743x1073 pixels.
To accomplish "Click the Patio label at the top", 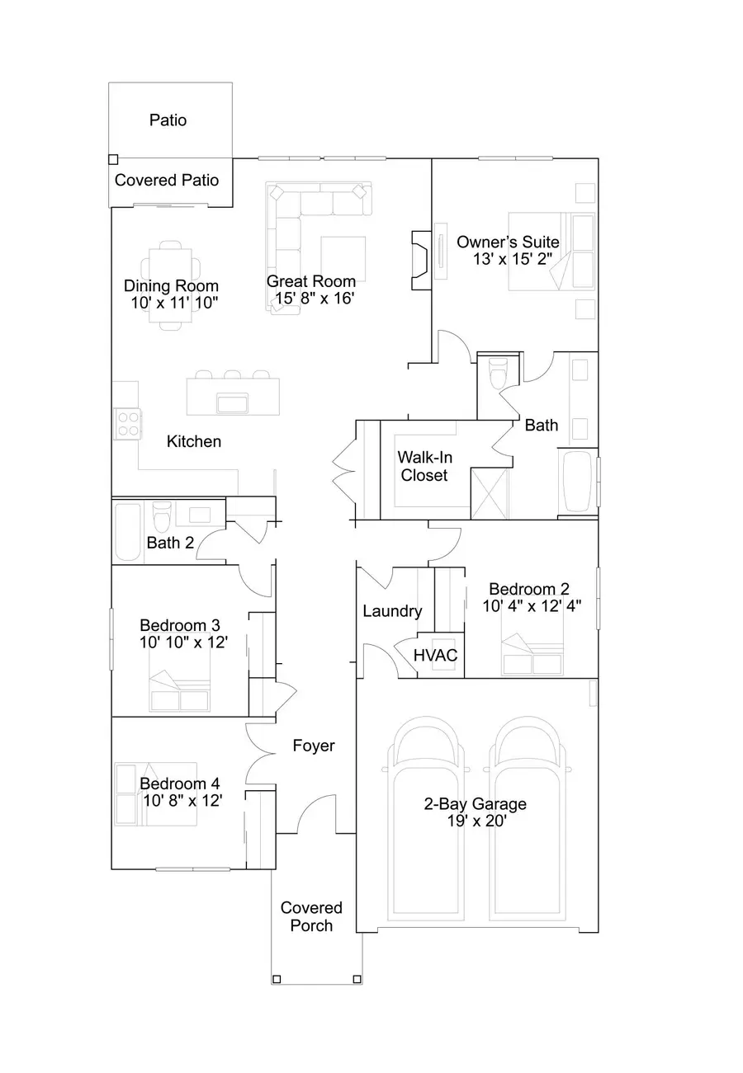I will [x=168, y=120].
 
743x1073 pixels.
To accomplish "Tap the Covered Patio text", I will [x=167, y=180].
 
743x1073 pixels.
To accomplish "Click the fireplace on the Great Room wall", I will [x=419, y=261].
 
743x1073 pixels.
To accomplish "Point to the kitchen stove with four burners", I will [x=127, y=423].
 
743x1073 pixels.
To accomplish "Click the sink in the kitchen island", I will [x=233, y=402].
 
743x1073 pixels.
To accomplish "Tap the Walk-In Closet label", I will [x=424, y=466].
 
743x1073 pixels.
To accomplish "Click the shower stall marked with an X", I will [x=490, y=493].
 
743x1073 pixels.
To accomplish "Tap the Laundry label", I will [x=392, y=611].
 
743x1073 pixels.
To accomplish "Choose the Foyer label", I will [x=314, y=746].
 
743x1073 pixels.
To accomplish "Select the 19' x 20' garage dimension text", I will [x=475, y=821].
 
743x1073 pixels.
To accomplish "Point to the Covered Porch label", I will [x=311, y=916].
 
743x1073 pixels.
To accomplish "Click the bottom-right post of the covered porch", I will [x=357, y=979].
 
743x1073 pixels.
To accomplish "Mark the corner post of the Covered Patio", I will [x=113, y=159].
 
